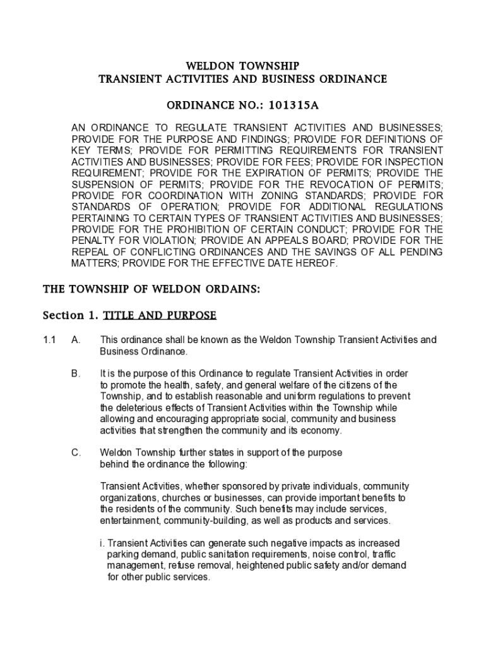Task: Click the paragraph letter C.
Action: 76,453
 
